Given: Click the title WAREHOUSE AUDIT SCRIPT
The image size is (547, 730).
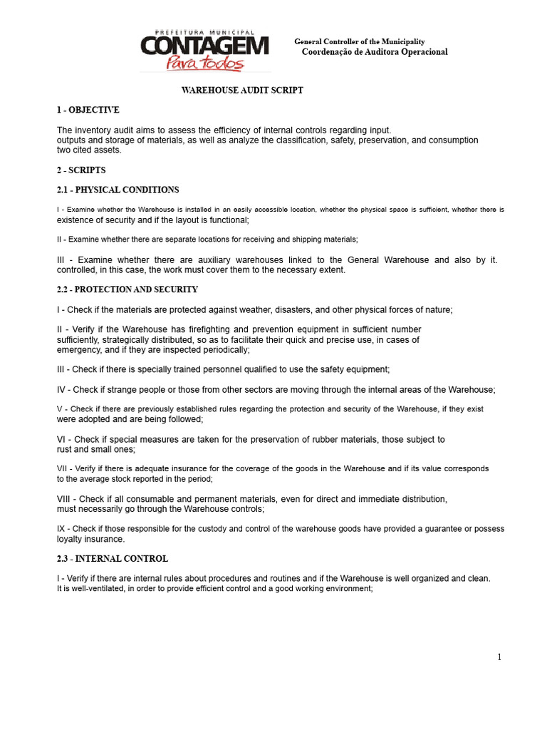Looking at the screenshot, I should [x=242, y=91].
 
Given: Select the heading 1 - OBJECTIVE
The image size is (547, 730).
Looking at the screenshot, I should [x=88, y=110].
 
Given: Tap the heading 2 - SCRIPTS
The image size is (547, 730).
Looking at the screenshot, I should [x=81, y=170].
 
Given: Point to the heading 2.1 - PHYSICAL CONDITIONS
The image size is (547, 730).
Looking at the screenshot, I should [x=118, y=190].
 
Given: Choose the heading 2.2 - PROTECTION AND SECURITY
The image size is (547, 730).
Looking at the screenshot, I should [x=127, y=289].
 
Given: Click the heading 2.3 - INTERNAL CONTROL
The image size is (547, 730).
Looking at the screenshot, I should [x=112, y=559].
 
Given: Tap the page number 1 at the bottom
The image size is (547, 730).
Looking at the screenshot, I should [x=499, y=657].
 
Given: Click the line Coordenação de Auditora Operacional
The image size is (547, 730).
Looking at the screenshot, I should [x=375, y=52].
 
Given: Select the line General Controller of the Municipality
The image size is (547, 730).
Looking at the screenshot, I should [x=359, y=42].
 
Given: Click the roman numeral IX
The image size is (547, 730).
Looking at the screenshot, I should [x=61, y=529].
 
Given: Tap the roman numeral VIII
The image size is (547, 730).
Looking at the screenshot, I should [x=64, y=499].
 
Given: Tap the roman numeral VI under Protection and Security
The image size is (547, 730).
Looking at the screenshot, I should [x=62, y=440].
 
